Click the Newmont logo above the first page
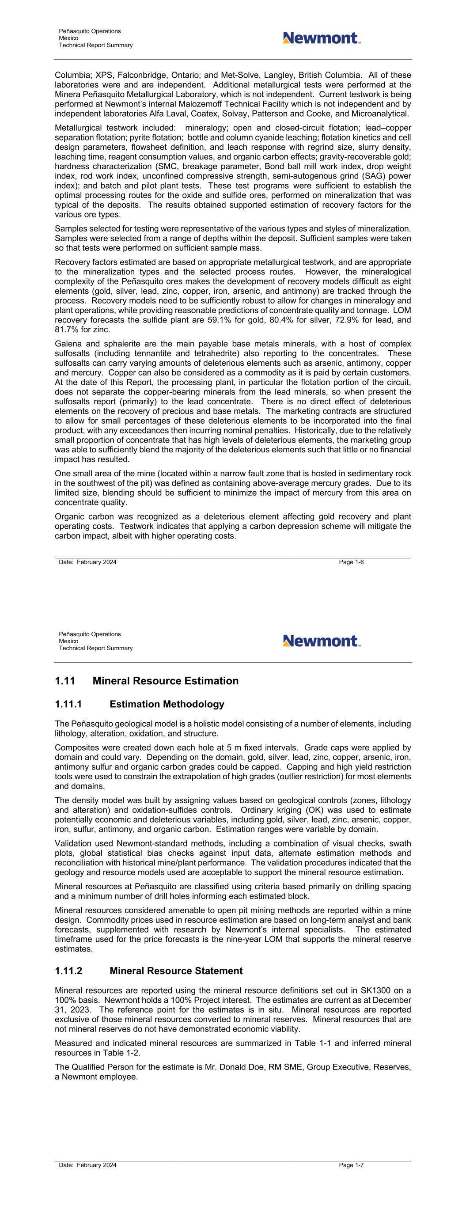pos(321,38)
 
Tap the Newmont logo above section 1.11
pos(321,641)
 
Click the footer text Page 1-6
pos(351,562)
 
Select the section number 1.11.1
pos(68,704)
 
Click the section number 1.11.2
pos(68,971)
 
